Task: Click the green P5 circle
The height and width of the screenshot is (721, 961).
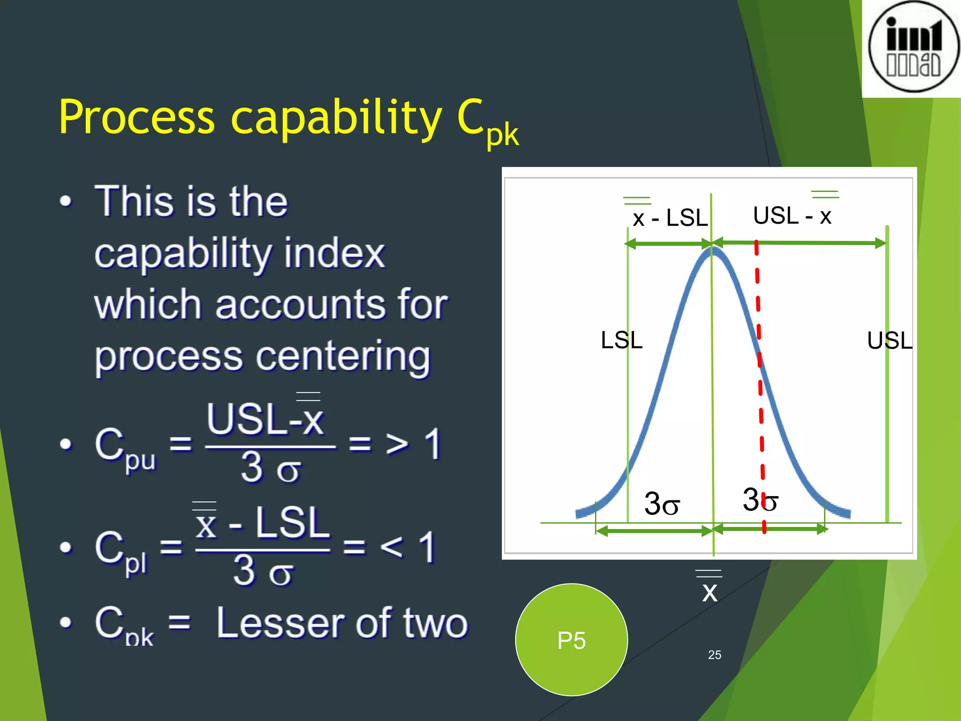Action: (571, 639)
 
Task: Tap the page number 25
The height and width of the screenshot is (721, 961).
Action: (714, 655)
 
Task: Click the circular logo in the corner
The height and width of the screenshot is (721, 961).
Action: (913, 47)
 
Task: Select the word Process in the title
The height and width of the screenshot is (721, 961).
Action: (137, 117)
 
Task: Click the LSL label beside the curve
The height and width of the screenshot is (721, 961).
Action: (621, 340)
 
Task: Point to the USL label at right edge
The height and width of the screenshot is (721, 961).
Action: (889, 341)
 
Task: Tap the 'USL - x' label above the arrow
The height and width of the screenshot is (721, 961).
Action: (792, 215)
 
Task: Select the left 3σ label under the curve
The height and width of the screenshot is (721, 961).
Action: (662, 504)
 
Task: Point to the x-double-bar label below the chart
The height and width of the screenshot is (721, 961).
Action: (709, 591)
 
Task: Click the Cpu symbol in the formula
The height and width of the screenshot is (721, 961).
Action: (124, 448)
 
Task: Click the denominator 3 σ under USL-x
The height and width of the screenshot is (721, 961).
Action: (270, 468)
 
